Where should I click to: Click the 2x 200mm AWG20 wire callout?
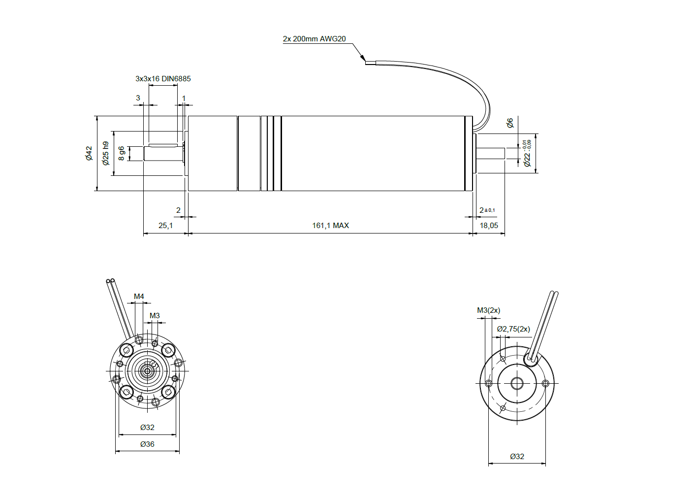[x=314, y=39]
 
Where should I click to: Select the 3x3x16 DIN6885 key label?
[x=163, y=79]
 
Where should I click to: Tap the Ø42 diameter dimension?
[x=89, y=153]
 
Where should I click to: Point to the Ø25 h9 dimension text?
[x=106, y=153]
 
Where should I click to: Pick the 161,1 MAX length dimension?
[x=330, y=226]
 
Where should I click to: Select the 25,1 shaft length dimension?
[x=165, y=226]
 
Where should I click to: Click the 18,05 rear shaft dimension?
[x=489, y=226]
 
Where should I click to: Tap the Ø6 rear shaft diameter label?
[x=510, y=123]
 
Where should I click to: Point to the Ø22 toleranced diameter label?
[x=527, y=154]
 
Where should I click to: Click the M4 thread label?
[x=139, y=297]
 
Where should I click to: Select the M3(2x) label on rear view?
[x=488, y=310]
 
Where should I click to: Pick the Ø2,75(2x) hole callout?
[x=513, y=329]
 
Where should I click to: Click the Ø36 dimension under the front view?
[x=147, y=444]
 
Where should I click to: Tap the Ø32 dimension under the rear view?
[x=517, y=457]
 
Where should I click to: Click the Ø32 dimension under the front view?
[x=147, y=428]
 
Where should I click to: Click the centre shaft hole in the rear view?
[x=517, y=383]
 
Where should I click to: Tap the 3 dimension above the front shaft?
[x=138, y=98]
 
